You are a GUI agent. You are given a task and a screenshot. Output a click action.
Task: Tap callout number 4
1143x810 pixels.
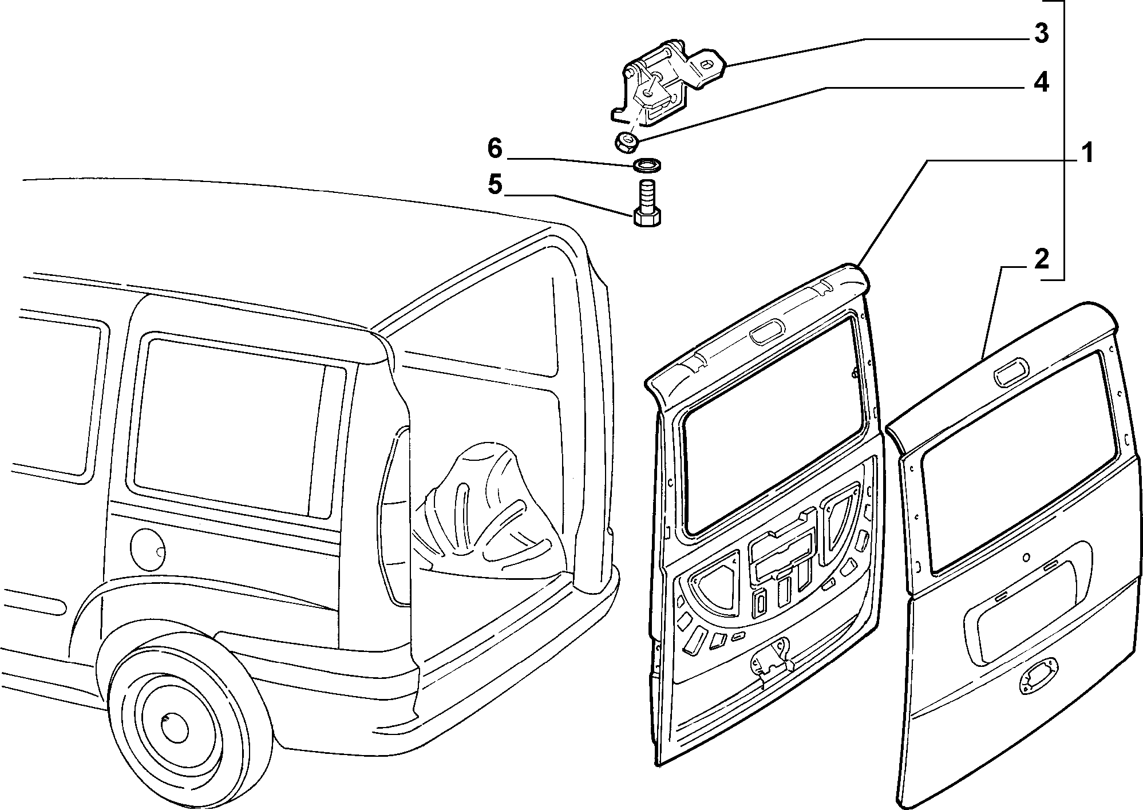click(x=1041, y=83)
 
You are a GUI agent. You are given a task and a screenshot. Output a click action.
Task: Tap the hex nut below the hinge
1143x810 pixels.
click(x=626, y=141)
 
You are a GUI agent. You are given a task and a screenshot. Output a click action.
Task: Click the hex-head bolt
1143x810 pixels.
click(x=648, y=203)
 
